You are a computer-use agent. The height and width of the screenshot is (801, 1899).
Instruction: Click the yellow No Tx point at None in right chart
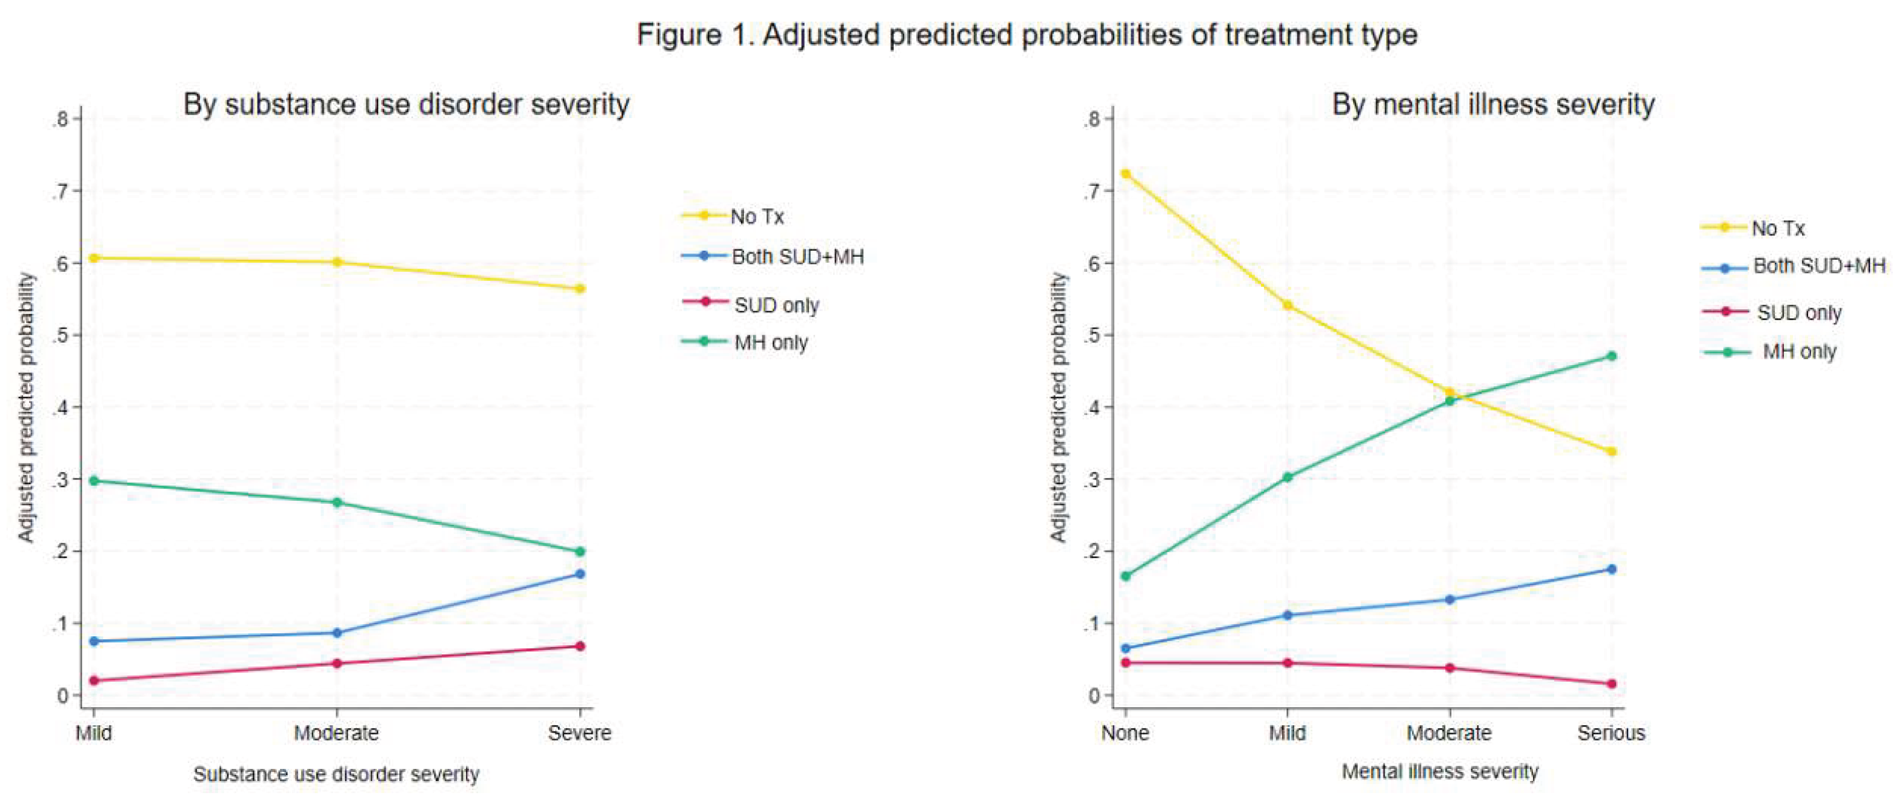pyautogui.click(x=1126, y=174)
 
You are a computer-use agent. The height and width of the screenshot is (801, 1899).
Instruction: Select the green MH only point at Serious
pyautogui.click(x=1612, y=356)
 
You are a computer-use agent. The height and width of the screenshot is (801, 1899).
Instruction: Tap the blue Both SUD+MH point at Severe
pyautogui.click(x=580, y=573)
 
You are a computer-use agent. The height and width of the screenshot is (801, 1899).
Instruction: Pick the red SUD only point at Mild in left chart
pyautogui.click(x=94, y=680)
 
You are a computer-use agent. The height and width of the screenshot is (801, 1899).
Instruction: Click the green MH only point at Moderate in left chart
pyautogui.click(x=337, y=503)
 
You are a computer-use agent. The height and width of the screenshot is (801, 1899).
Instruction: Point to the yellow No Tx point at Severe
pyautogui.click(x=580, y=288)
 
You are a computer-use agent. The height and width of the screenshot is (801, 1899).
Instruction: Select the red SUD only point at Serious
pyautogui.click(x=1612, y=684)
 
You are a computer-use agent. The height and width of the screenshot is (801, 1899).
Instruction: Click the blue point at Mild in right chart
pyautogui.click(x=1288, y=615)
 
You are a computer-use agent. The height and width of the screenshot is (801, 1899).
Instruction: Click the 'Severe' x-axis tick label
pyautogui.click(x=579, y=733)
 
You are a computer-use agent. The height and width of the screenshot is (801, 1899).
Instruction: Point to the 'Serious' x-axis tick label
pyautogui.click(x=1612, y=733)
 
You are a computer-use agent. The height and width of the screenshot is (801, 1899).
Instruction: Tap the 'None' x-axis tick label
pyautogui.click(x=1125, y=733)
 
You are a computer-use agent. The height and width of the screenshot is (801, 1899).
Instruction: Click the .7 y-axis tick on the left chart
pyautogui.click(x=61, y=191)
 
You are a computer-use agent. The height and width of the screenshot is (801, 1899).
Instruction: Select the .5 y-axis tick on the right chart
pyautogui.click(x=1092, y=335)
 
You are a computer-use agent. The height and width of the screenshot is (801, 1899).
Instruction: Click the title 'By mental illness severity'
pyautogui.click(x=1494, y=105)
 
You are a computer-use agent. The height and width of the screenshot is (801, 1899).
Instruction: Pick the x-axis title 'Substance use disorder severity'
pyautogui.click(x=336, y=774)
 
